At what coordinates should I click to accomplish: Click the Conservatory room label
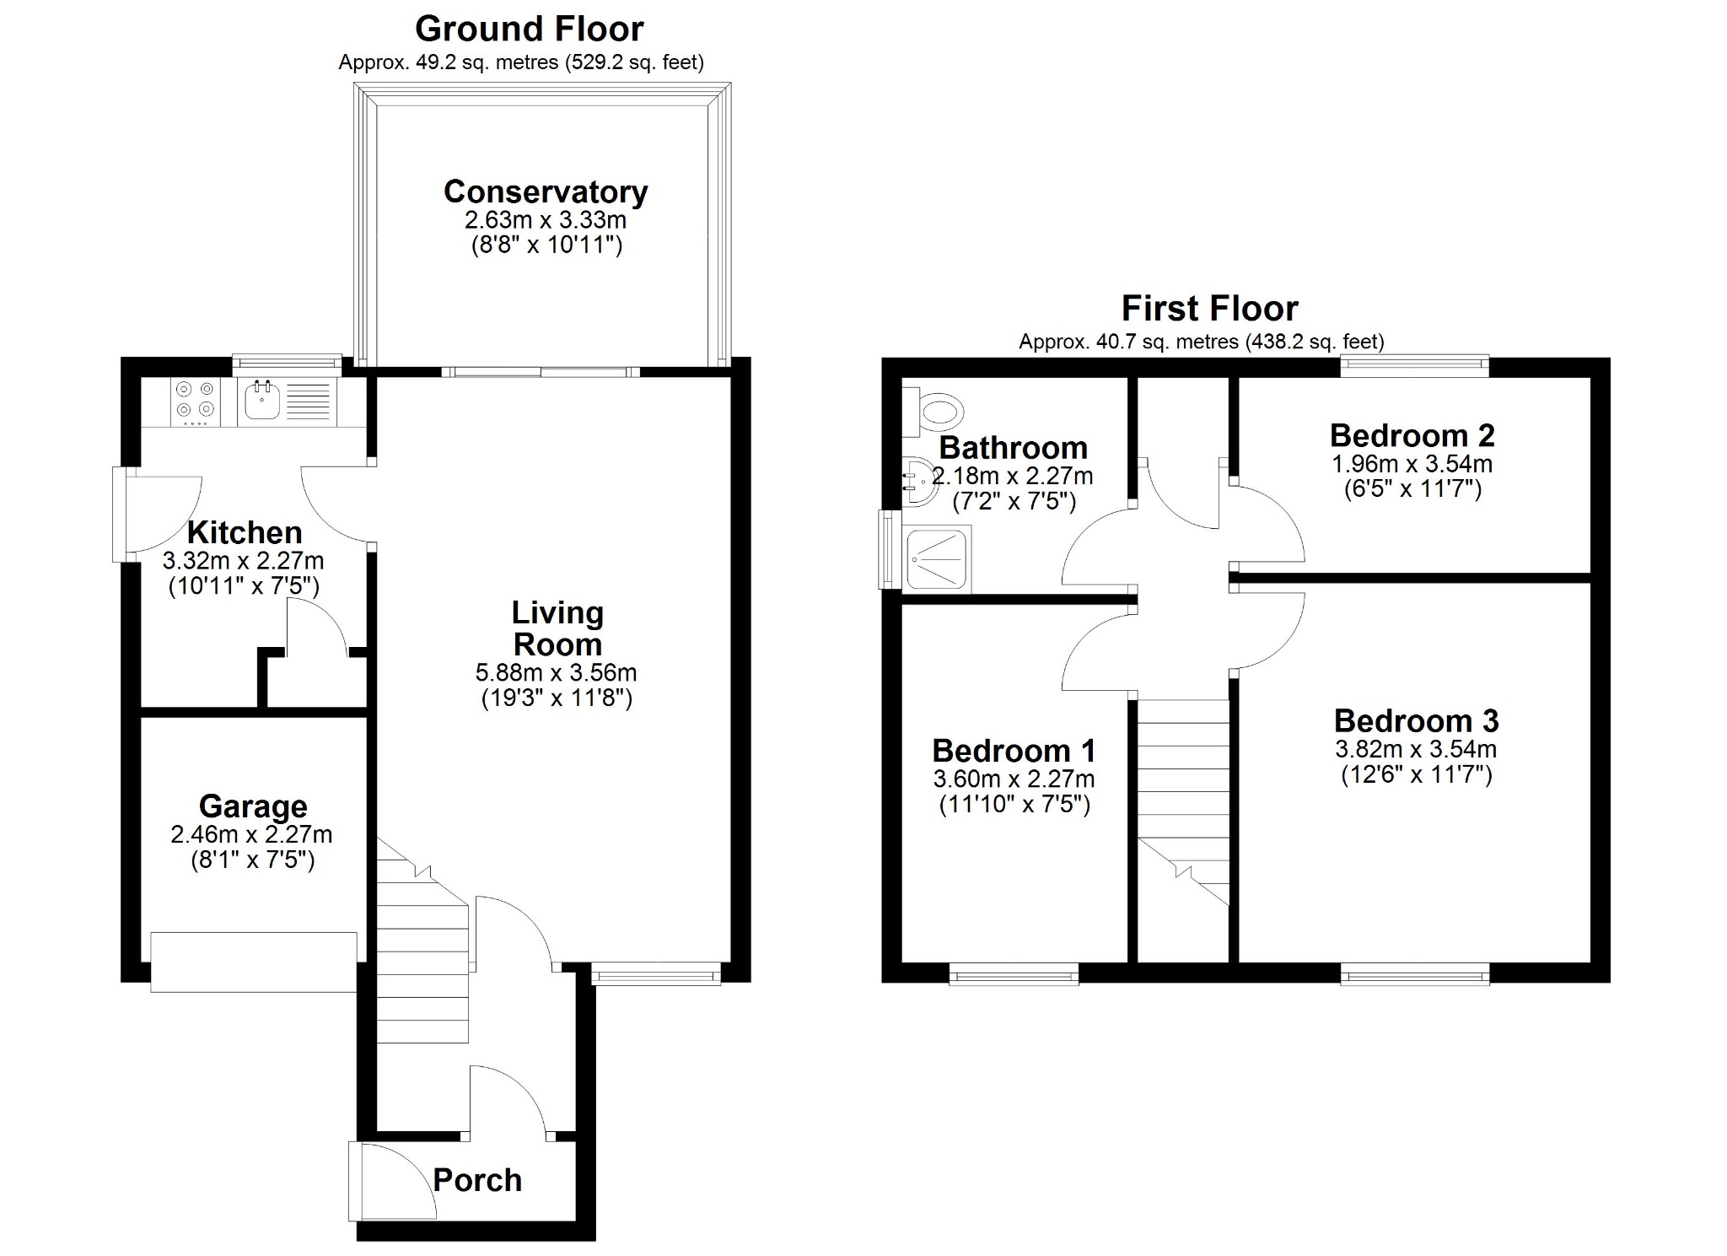(x=546, y=192)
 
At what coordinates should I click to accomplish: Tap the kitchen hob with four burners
(x=195, y=402)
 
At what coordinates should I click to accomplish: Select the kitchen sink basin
(x=263, y=400)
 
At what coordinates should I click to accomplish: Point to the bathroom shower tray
(x=936, y=558)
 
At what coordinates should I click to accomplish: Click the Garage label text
(x=253, y=806)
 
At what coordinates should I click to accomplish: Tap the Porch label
(x=477, y=1180)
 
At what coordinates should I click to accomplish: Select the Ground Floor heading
(x=530, y=30)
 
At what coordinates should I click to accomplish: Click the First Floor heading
(x=1209, y=309)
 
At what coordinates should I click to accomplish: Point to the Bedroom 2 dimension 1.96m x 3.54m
(x=1412, y=464)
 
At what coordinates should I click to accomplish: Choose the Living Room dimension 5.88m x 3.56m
(x=557, y=673)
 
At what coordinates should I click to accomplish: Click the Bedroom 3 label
(x=1417, y=721)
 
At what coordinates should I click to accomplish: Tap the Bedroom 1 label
(x=1014, y=751)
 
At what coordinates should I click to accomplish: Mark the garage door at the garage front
(x=254, y=962)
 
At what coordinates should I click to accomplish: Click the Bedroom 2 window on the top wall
(x=1415, y=365)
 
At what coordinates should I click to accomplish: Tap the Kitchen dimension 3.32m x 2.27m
(x=243, y=561)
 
